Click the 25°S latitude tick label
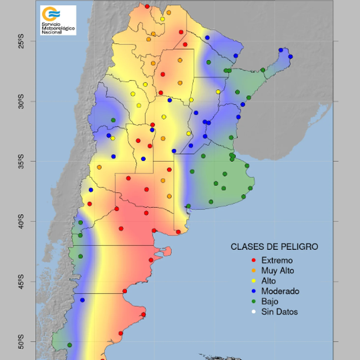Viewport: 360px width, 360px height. click(21, 41)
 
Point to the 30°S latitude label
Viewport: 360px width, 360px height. click(21, 101)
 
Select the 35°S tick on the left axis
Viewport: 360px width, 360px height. click(21, 161)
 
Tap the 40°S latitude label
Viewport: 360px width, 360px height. click(21, 221)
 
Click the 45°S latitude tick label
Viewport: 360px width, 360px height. click(21, 282)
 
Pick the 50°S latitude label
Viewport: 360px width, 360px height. click(21, 342)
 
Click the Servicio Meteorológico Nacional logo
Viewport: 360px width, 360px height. click(58, 20)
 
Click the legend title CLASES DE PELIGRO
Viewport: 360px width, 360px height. click(274, 247)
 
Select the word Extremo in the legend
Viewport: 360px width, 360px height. click(277, 261)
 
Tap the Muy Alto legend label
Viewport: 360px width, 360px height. click(278, 271)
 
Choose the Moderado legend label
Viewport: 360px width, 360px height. click(280, 291)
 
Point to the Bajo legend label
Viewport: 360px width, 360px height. click(270, 301)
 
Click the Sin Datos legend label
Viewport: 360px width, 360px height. click(279, 312)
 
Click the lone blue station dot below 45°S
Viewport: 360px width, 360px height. click(82, 300)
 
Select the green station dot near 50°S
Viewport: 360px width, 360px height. click(70, 345)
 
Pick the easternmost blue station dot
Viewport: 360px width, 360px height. click(290, 57)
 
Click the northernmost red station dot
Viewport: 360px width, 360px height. click(147, 6)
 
